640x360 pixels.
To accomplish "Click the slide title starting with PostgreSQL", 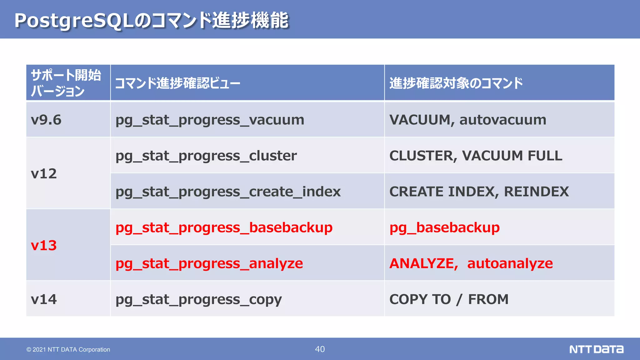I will pyautogui.click(x=152, y=21).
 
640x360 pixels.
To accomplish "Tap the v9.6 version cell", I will pyautogui.click(x=46, y=120).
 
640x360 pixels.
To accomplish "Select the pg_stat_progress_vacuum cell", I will pyautogui.click(x=210, y=120).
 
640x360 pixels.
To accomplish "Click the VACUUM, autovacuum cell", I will pyautogui.click(x=467, y=120).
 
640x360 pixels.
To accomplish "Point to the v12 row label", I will pyautogui.click(x=44, y=174).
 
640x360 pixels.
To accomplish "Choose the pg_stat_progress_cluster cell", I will pyautogui.click(x=206, y=156).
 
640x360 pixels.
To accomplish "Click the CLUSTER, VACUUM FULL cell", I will pyautogui.click(x=476, y=156).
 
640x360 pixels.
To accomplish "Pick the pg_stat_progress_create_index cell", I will pyautogui.click(x=228, y=192).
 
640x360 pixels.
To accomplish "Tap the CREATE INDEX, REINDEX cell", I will pyautogui.click(x=479, y=192).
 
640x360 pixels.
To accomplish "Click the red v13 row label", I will pyautogui.click(x=44, y=246).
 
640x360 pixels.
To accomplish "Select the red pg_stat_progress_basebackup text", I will pyautogui.click(x=224, y=227).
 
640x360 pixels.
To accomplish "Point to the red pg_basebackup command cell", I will pyautogui.click(x=444, y=227).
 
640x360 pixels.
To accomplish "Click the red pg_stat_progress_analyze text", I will pyautogui.click(x=209, y=263).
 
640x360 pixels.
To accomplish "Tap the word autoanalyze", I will pyautogui.click(x=510, y=263).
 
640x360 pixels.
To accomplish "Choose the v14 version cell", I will pyautogui.click(x=44, y=299).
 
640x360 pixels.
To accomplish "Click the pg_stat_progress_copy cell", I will pyautogui.click(x=198, y=299).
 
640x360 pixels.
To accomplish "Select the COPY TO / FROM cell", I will pyautogui.click(x=449, y=299).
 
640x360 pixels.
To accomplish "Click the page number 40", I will pyautogui.click(x=320, y=349).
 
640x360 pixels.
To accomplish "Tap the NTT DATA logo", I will pyautogui.click(x=596, y=349).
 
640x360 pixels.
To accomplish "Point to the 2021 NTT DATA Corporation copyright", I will pyautogui.click(x=68, y=349).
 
